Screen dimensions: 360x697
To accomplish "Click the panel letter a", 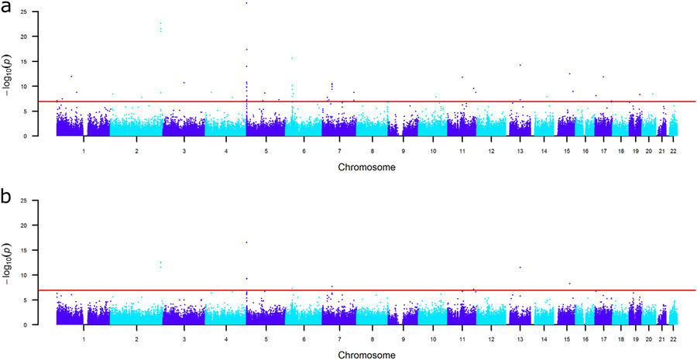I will pyautogui.click(x=5, y=9).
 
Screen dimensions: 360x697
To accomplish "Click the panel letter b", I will pyautogui.click(x=5, y=197).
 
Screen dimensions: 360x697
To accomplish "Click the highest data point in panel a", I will pyautogui.click(x=246, y=3).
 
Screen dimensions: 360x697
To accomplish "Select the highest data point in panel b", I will pyautogui.click(x=246, y=242).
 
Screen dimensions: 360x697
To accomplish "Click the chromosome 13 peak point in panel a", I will pyautogui.click(x=520, y=65).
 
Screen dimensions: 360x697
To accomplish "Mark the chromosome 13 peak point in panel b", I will pyautogui.click(x=520, y=267).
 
